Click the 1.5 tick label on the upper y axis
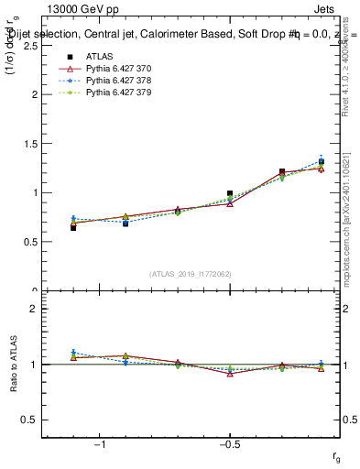coord(29,144)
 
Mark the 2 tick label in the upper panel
coord(34,94)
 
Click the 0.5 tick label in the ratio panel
coord(29,420)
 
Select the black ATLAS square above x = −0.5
coord(230,193)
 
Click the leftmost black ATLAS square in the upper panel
coord(73,227)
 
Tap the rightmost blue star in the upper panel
coord(321,160)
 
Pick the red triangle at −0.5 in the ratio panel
coord(230,374)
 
